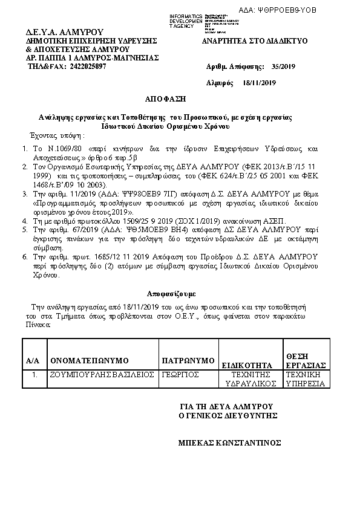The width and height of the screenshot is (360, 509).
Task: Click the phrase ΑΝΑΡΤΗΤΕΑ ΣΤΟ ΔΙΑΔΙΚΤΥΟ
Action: tap(255, 41)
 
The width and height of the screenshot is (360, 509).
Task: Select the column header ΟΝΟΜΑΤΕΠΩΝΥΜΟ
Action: tap(85, 361)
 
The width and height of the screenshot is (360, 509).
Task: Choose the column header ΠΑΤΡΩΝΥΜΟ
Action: tap(188, 361)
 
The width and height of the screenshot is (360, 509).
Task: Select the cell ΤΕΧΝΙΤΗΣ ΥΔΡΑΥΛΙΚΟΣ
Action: tap(250, 379)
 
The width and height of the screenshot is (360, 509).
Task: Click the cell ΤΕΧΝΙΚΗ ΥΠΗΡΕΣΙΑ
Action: tap(306, 379)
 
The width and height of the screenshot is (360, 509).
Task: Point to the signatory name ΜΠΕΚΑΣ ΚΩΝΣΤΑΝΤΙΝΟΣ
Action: tap(229, 443)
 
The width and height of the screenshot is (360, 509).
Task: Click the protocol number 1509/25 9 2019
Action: tap(140, 222)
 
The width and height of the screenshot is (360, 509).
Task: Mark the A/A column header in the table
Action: tap(33, 361)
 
